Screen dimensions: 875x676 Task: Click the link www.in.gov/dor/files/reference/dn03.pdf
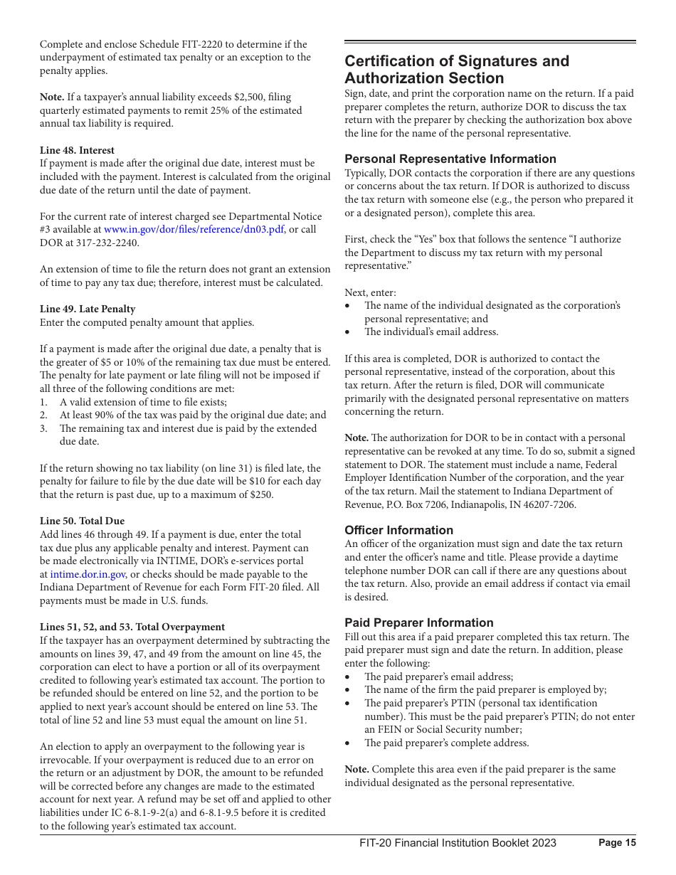point(194,230)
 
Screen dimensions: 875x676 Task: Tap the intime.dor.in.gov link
point(88,574)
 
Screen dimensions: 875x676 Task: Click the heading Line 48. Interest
point(77,150)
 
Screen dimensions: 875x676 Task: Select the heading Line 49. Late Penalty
point(88,309)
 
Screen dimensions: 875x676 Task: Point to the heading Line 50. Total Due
point(82,521)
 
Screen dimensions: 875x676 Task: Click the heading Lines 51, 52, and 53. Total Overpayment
point(132,627)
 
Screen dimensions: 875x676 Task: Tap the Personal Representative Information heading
point(450,159)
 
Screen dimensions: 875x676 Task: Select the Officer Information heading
point(398,530)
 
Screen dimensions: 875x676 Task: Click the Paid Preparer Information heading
point(418,622)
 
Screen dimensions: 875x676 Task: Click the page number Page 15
point(617,843)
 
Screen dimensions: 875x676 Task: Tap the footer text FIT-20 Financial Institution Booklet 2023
point(458,843)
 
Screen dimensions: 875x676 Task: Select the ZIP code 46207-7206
point(549,504)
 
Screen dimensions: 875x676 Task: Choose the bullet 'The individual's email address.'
point(431,332)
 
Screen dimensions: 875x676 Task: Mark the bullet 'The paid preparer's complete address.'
point(447,743)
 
